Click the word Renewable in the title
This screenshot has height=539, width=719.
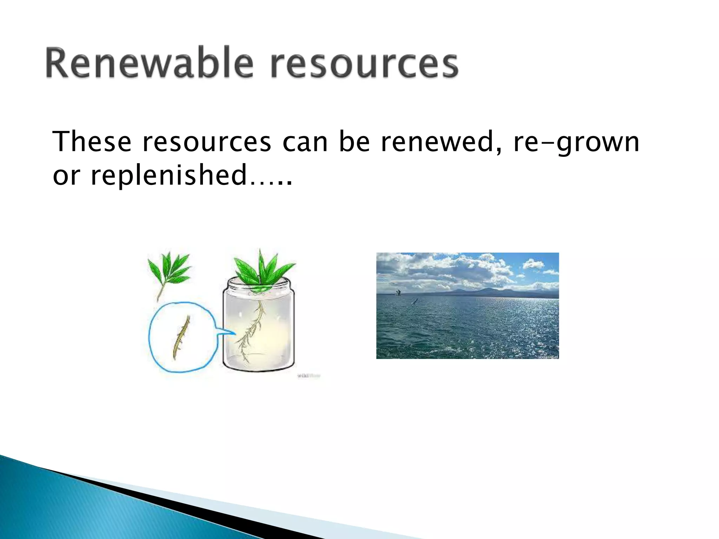(x=149, y=63)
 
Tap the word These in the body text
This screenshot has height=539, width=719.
(x=92, y=142)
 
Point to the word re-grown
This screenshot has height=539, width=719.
(x=576, y=142)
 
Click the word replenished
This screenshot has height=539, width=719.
(x=169, y=175)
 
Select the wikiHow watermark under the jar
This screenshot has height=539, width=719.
(x=309, y=376)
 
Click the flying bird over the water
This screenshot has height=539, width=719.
(x=415, y=301)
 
